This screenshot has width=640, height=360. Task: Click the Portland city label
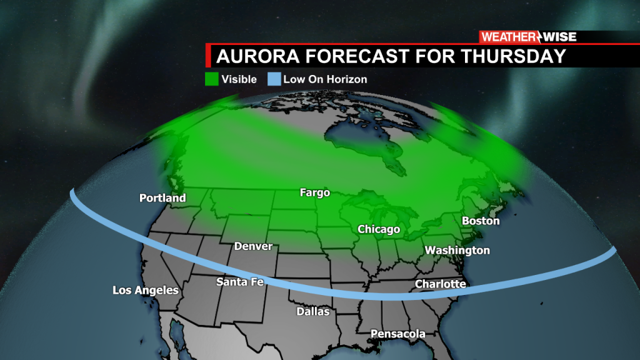pos(162,198)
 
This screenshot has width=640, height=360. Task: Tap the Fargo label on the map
pos(314,192)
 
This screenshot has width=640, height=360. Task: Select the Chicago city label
pos(379,229)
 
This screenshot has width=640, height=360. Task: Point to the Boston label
pos(481,221)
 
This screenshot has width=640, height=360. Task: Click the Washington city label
pos(457,250)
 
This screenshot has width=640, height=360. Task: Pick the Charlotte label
pos(441,284)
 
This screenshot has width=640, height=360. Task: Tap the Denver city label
pos(253,246)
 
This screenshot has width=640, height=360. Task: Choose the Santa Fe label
pos(240,282)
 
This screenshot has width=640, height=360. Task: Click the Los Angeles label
pos(146,290)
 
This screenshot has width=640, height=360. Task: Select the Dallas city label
pos(313,311)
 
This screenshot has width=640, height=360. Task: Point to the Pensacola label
pos(398,334)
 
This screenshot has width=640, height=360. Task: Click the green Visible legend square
pos(212,79)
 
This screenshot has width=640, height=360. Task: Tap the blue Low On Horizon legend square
pos(274,79)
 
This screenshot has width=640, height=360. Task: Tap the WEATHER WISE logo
pos(528,37)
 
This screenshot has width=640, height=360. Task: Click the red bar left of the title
pos(208,56)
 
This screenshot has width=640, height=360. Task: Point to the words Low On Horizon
pos(325,79)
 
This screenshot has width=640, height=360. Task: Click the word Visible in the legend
pos(239,79)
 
